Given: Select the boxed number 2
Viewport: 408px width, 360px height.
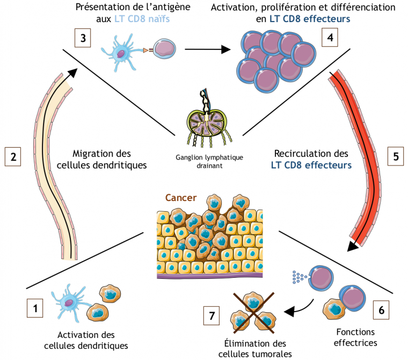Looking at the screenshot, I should coord(13,157).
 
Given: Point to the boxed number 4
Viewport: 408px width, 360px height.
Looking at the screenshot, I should coord(330,38).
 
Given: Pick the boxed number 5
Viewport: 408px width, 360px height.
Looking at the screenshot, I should coord(396,157).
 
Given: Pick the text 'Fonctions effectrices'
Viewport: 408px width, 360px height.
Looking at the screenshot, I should coord(356,336).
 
